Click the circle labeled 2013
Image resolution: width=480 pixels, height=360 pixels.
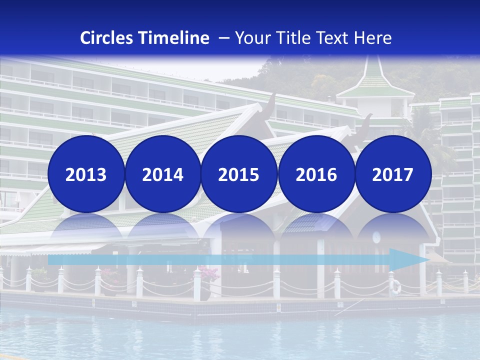86,174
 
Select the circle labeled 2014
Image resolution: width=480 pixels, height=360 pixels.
162,174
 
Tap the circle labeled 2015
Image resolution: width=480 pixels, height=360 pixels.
239,174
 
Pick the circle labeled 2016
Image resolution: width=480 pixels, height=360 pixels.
316,174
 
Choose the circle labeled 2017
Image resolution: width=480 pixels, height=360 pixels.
392,174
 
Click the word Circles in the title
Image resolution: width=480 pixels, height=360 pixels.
106,37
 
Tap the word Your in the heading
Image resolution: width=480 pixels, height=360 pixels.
252,37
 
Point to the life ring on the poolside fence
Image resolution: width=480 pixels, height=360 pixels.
395,286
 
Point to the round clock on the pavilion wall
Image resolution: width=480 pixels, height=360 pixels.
376,237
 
